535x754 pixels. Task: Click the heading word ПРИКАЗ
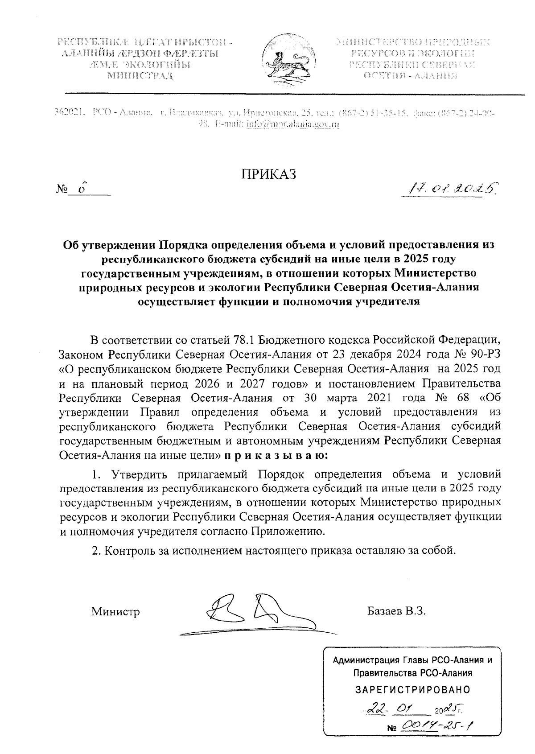coord(269,175)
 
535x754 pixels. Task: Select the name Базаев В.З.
coord(397,610)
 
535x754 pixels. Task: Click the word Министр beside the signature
coord(115,611)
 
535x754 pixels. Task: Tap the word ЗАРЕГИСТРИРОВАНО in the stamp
coord(412,690)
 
